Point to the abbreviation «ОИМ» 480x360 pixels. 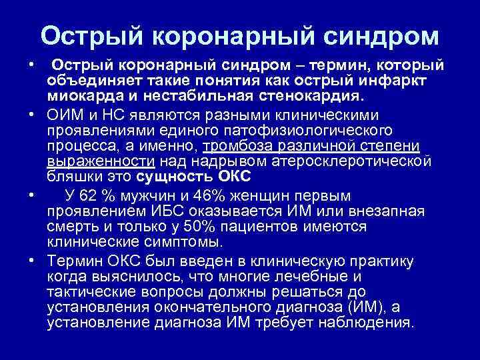(64, 115)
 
